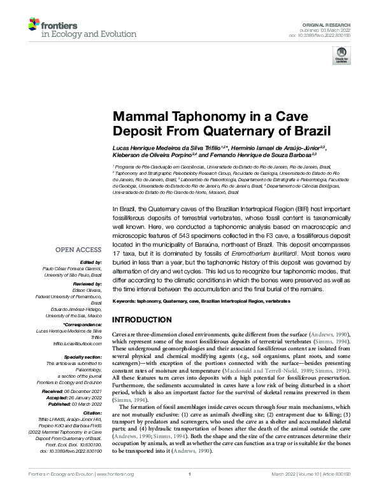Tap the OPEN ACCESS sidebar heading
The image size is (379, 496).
(x=80, y=250)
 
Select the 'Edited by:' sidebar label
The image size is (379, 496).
(x=91, y=262)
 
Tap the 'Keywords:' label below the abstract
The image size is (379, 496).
(x=126, y=300)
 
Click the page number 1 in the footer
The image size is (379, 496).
(x=189, y=490)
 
